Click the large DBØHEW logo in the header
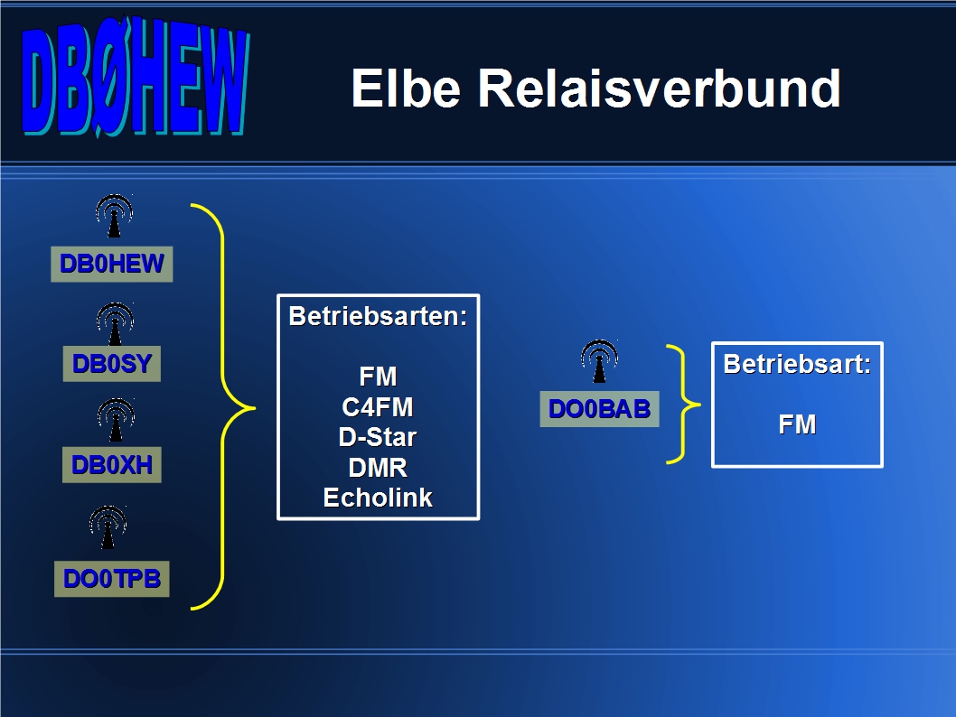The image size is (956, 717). point(136,76)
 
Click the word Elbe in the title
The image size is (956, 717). point(406,88)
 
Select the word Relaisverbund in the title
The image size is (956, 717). point(659,88)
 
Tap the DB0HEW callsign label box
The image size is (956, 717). point(111,264)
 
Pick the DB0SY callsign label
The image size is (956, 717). point(111,364)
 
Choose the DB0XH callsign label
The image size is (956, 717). point(111,465)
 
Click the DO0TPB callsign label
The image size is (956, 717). point(111,579)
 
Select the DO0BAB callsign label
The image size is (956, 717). point(599,409)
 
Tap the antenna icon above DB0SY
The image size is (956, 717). point(116,324)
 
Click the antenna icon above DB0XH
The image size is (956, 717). point(116,420)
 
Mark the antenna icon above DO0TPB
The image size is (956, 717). point(108,527)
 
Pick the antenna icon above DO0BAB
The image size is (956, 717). point(599,361)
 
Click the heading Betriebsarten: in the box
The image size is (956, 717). point(378,316)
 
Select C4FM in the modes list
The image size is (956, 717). point(378,407)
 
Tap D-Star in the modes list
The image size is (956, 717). point(378,437)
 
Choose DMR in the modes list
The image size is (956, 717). point(378,468)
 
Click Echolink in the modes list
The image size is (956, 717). point(378,498)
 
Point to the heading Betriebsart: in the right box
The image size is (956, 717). point(798,364)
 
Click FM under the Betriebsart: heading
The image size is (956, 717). point(798,424)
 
